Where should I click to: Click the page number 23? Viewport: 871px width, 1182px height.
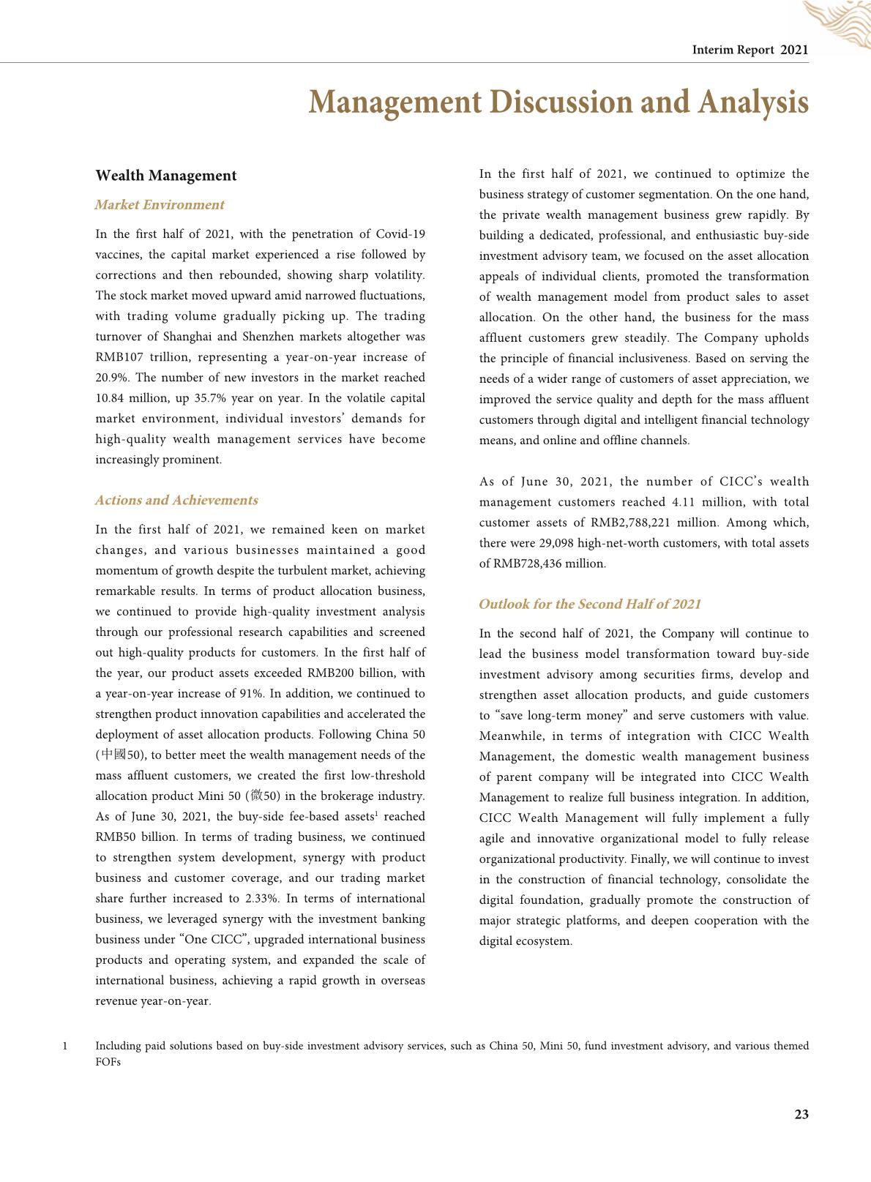coord(801,1115)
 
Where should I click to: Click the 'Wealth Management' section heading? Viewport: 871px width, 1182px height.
coord(166,176)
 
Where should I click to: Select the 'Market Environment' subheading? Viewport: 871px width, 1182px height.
coord(160,205)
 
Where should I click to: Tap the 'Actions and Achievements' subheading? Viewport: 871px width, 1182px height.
coord(176,501)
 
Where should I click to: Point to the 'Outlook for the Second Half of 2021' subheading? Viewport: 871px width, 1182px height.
coord(590,605)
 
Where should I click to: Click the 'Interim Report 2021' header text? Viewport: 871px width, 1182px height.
coord(750,50)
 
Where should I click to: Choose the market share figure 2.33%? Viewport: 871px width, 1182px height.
coord(261,899)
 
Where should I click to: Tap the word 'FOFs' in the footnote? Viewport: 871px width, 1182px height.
coord(108,1062)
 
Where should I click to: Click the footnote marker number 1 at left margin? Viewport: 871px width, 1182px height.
coord(65,1046)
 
